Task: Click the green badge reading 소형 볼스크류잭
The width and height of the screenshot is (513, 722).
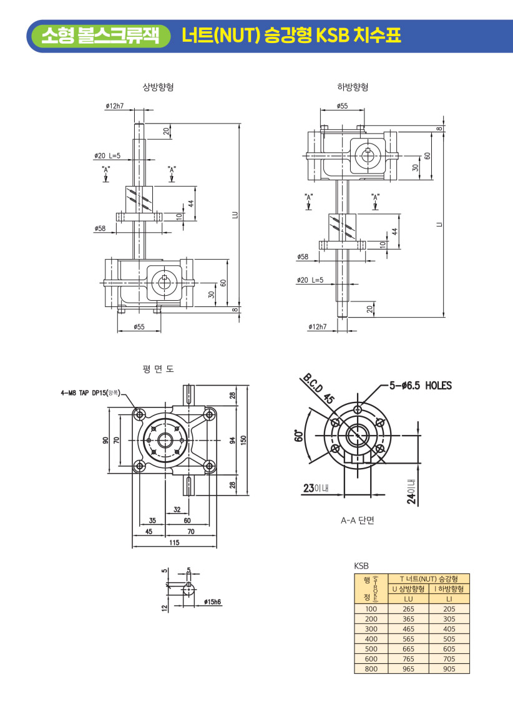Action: point(100,36)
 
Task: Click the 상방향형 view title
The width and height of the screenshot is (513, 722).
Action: point(158,87)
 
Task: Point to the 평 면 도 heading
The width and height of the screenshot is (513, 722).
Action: point(158,369)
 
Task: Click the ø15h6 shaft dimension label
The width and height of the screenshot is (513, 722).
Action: point(213,602)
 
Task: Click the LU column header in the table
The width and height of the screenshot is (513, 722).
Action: point(408,599)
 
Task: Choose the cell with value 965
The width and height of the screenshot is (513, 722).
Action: point(408,669)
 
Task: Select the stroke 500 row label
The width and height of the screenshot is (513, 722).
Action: point(371,649)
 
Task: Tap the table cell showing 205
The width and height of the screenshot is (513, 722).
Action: point(449,609)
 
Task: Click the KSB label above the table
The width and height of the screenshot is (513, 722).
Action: point(361,566)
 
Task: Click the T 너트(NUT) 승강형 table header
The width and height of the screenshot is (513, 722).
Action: point(429,579)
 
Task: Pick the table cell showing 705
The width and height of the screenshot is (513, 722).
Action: point(449,659)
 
